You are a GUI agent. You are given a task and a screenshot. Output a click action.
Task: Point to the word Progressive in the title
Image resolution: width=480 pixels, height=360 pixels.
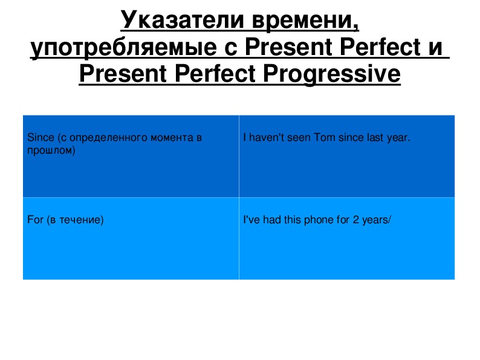click(x=332, y=74)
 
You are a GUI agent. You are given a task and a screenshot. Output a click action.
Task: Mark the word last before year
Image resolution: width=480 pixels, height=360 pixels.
click(x=375, y=137)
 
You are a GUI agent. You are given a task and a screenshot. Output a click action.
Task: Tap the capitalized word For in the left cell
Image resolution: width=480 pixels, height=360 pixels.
click(x=35, y=220)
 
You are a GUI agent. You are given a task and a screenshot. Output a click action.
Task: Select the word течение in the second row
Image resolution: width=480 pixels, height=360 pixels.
click(x=81, y=220)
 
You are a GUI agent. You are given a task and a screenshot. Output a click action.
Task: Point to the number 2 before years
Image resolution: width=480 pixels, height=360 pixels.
click(x=355, y=220)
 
